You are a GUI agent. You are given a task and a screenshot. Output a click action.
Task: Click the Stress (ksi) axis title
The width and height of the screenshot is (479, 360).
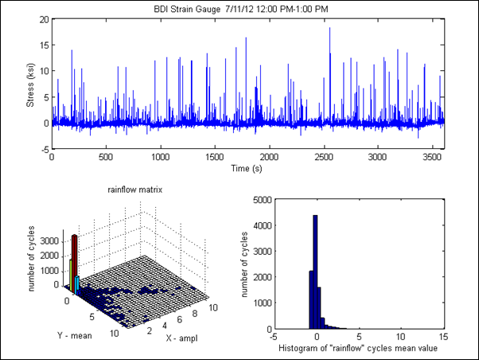pyautogui.click(x=30, y=84)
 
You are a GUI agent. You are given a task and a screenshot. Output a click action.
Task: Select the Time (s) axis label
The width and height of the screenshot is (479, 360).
pyautogui.click(x=247, y=168)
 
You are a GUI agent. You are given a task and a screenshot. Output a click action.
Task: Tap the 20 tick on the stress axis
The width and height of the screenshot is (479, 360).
pyautogui.click(x=44, y=18)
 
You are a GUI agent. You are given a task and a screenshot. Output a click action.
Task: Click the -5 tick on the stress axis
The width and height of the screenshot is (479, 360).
pyautogui.click(x=43, y=149)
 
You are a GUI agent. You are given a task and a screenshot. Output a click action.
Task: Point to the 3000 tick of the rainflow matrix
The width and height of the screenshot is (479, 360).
pyautogui.click(x=45, y=239)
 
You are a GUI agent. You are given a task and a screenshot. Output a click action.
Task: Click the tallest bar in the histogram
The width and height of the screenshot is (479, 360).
pyautogui.click(x=315, y=271)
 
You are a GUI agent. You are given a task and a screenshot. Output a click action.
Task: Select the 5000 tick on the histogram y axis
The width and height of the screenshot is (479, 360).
pyautogui.click(x=262, y=198)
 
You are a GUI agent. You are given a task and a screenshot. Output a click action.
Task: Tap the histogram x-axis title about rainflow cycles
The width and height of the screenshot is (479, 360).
pyautogui.click(x=359, y=349)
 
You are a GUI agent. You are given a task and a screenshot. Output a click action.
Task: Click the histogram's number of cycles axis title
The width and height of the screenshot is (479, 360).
pyautogui.click(x=249, y=263)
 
